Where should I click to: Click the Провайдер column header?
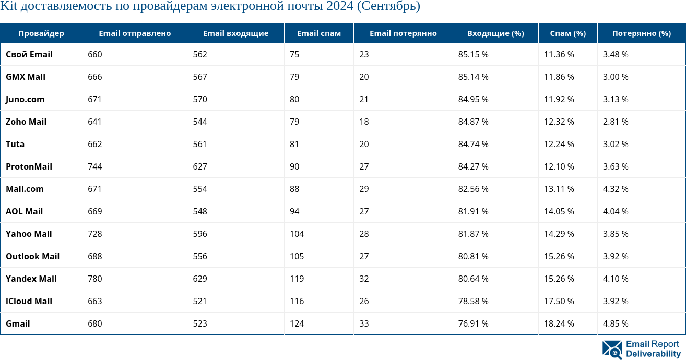click(41, 33)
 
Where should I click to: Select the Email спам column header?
click(318, 33)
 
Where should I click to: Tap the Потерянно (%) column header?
click(641, 33)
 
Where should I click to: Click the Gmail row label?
click(18, 323)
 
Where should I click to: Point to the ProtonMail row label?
click(29, 166)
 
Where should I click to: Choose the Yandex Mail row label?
click(31, 279)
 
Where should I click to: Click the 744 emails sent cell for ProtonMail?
click(95, 166)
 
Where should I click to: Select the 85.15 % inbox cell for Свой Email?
click(473, 54)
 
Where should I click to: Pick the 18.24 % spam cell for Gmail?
click(559, 323)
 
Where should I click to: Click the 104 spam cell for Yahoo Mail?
click(297, 234)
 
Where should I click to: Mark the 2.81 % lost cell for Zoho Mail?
click(616, 122)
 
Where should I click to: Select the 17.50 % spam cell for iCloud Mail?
click(559, 301)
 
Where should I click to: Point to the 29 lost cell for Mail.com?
click(364, 189)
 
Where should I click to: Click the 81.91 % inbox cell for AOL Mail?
click(473, 211)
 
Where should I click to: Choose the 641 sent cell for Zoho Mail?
click(95, 122)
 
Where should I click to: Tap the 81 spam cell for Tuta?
click(294, 144)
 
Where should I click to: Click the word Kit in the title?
click(9, 7)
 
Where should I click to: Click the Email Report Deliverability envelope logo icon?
click(612, 350)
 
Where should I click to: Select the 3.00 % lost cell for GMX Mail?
click(616, 77)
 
